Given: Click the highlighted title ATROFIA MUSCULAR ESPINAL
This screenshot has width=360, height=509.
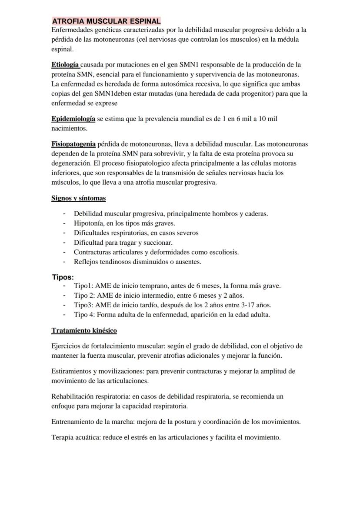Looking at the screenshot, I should [x=106, y=21].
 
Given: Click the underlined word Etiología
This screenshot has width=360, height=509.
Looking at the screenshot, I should [x=65, y=65].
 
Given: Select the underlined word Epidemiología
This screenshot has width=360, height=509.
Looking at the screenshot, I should [x=73, y=119].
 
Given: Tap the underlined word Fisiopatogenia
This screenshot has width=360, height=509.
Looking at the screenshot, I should [x=73, y=144].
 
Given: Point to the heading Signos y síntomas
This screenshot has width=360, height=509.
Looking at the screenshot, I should [x=78, y=198].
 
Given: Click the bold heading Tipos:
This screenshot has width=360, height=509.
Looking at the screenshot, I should [x=63, y=277].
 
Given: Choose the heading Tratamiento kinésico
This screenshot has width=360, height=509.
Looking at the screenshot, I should [x=84, y=330].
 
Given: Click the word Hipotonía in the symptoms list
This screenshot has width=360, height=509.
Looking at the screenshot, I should [x=88, y=223].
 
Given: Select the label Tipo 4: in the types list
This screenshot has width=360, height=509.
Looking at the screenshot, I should [x=85, y=315].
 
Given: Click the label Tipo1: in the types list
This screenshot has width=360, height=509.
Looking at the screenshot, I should [x=83, y=286].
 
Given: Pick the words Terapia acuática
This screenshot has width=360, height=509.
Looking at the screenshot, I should [x=76, y=437].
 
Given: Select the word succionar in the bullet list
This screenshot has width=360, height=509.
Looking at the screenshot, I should [x=158, y=243].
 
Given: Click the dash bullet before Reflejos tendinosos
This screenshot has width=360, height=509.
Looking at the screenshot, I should [x=64, y=262].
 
